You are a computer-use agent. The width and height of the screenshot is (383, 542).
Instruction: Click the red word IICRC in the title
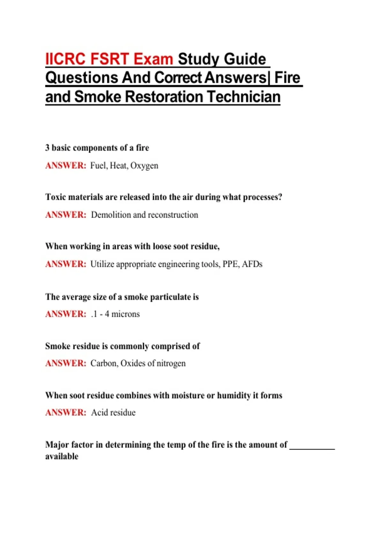(65, 59)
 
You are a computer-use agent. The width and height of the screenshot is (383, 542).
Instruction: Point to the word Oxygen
(144, 166)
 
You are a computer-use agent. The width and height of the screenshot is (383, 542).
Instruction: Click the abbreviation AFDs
(252, 264)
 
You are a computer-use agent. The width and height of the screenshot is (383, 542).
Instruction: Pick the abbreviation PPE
(230, 264)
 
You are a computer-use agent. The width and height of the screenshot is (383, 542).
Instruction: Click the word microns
(125, 314)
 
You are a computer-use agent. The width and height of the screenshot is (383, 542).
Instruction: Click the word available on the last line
(62, 457)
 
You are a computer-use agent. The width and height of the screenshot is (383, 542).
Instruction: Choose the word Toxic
(56, 197)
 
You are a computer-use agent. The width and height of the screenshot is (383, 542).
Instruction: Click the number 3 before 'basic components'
(47, 148)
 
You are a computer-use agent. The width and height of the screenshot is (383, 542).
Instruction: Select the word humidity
(234, 396)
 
